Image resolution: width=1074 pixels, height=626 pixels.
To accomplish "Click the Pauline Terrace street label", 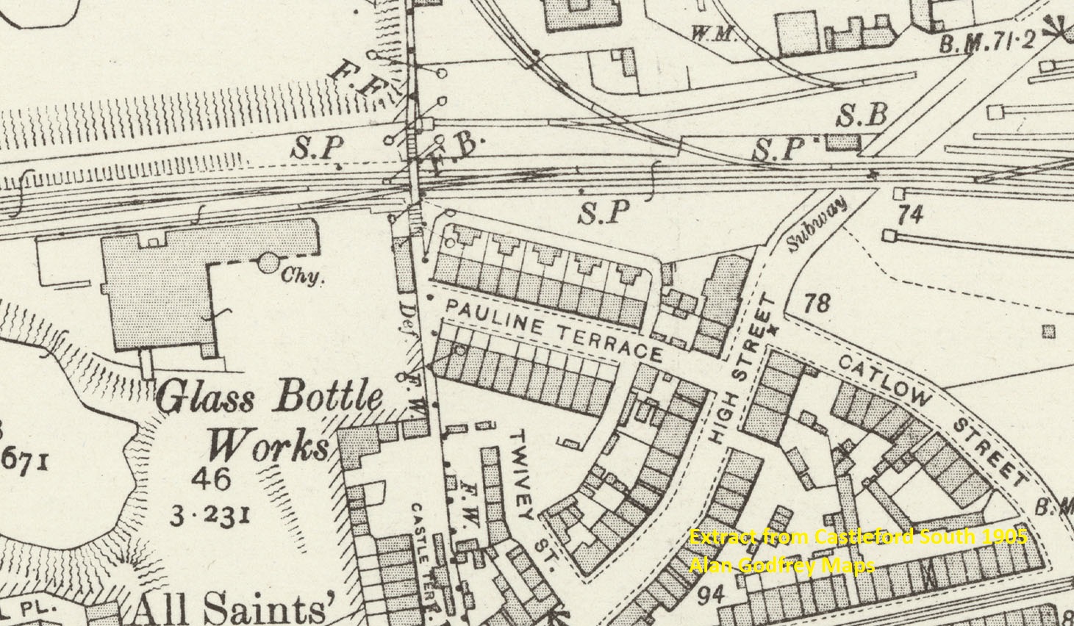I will tap(554, 330).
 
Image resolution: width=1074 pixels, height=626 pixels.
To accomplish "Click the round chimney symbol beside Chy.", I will tap(269, 262).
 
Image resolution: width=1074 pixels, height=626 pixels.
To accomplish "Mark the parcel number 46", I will tap(210, 480).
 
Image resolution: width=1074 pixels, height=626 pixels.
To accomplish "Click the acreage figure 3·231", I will tap(209, 515).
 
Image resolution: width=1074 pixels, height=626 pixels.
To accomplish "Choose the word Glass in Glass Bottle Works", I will tap(205, 399).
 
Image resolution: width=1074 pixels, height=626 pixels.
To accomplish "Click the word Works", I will tap(266, 445).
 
